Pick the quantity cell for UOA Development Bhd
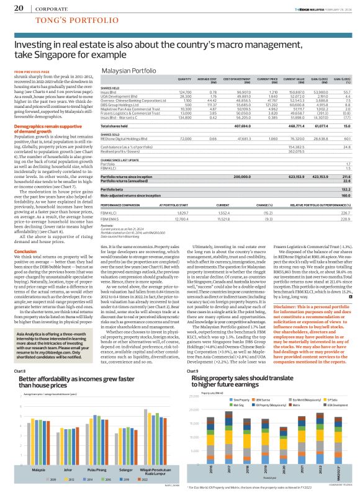tap(185, 96)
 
